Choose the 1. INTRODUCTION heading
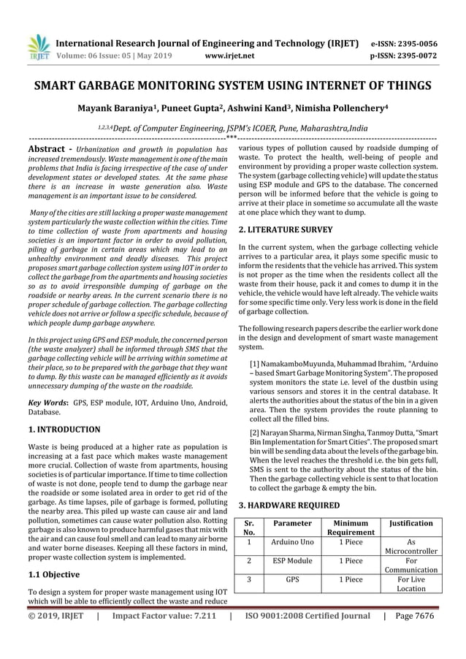[x=64, y=430]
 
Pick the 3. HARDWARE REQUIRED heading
[x=289, y=505]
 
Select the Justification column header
[x=411, y=523]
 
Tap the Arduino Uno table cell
[x=292, y=542]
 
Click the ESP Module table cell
[x=292, y=561]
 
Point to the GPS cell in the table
[x=292, y=580]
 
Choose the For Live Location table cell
[x=411, y=584]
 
